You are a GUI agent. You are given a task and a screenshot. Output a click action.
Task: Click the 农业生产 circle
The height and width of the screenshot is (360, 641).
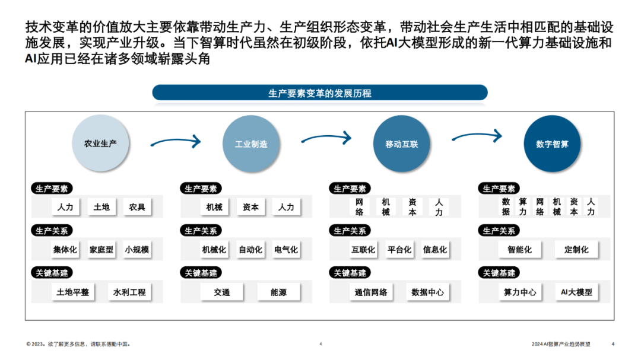coord(100,144)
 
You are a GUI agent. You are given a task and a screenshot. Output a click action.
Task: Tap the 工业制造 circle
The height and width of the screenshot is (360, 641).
coord(251,144)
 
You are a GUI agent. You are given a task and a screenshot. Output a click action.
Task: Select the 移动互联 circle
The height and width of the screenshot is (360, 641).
coord(402,144)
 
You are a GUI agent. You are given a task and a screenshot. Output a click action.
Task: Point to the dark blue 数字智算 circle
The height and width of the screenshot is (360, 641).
coord(552,144)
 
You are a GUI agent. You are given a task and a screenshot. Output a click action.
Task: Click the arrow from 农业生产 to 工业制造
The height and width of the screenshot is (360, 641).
coord(175,142)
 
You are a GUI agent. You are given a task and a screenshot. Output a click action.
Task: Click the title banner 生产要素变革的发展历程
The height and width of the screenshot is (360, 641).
coord(320,93)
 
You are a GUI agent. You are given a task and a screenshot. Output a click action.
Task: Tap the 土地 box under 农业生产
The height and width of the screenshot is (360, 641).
coord(101,208)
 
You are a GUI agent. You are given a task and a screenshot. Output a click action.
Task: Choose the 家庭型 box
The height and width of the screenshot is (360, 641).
coord(101,250)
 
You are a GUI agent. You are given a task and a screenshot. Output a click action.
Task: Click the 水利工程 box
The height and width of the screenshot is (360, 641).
coord(129,292)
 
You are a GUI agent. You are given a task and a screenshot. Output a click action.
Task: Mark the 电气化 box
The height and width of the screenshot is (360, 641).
coord(286,250)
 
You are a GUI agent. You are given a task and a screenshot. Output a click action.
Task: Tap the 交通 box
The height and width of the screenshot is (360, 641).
coord(222,292)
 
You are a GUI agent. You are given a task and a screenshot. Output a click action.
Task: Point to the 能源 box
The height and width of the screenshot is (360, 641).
coord(278,292)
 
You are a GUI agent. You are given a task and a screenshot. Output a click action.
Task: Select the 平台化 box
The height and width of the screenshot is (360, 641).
coord(399,250)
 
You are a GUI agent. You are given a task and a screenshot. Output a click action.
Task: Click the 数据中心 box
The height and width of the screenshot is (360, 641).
coord(427,292)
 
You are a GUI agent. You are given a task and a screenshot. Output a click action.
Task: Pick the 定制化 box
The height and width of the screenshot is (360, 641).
coord(576,250)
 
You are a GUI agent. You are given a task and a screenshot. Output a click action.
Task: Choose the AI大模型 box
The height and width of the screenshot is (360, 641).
coord(576,292)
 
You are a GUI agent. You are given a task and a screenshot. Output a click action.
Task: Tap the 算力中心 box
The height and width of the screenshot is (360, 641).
coord(520,292)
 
